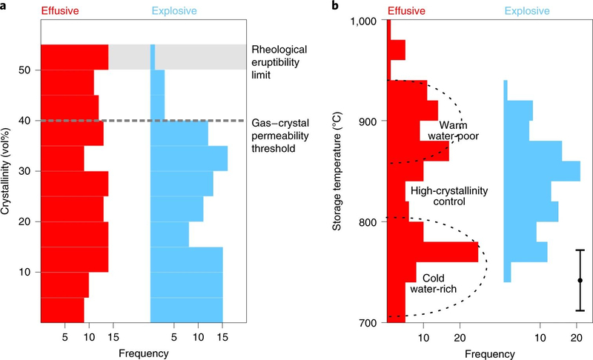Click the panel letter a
pos(5,7)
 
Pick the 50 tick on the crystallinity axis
pos(27,70)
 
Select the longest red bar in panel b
pos(433,252)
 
